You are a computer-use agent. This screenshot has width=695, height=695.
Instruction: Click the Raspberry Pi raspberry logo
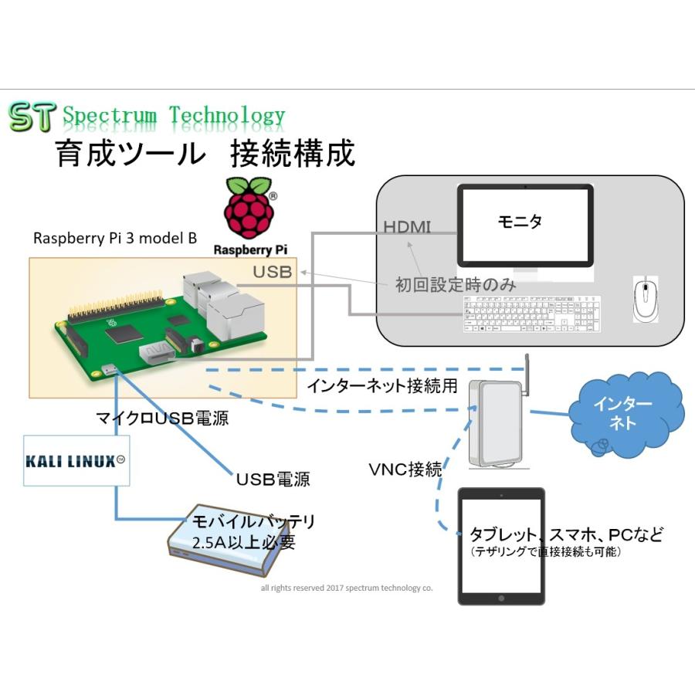(x=249, y=210)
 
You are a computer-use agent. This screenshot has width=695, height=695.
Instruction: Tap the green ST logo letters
(x=32, y=117)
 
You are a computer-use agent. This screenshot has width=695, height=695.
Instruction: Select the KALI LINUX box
(x=75, y=461)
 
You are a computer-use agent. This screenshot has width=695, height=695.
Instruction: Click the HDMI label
(x=408, y=226)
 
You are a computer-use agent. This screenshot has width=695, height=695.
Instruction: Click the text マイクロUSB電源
(x=162, y=420)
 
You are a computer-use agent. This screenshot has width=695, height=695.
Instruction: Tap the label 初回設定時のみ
(x=456, y=284)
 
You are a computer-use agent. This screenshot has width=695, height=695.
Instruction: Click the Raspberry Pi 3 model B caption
(x=114, y=239)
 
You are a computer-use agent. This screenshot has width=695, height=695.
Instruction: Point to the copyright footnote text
(x=347, y=588)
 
